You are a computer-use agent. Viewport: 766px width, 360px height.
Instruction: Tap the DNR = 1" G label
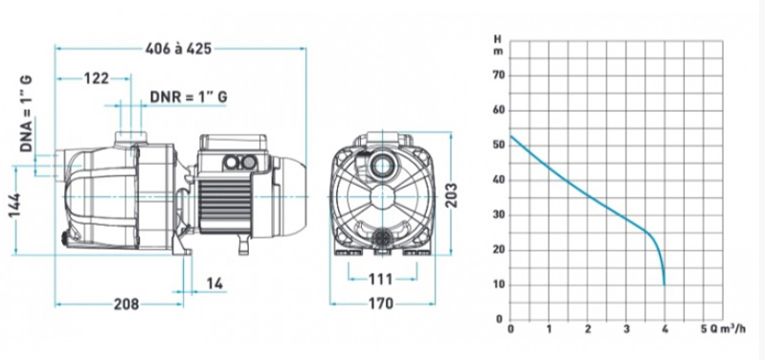189,97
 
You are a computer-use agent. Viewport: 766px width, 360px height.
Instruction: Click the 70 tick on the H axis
498,75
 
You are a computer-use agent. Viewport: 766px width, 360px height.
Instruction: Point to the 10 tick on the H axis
498,284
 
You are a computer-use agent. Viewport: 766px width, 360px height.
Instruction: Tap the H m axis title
497,45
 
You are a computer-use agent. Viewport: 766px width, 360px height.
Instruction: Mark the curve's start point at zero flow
510,135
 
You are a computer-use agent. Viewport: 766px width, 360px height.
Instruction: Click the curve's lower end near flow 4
664,283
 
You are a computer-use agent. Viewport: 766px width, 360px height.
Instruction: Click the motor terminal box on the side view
232,149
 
